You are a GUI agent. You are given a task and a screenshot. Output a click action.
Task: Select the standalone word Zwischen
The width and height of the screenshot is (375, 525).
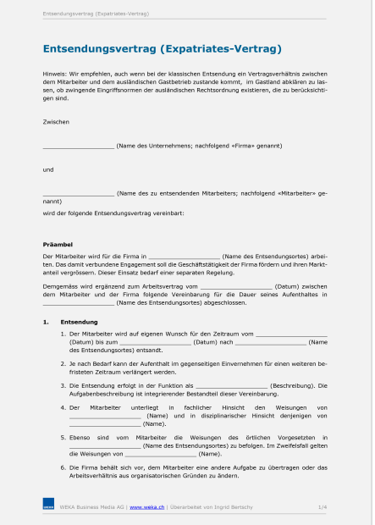(56, 122)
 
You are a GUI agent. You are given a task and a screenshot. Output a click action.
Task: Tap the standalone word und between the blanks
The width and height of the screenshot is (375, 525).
(48, 169)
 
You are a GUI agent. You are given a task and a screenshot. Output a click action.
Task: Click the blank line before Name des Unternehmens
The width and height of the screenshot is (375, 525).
(78, 146)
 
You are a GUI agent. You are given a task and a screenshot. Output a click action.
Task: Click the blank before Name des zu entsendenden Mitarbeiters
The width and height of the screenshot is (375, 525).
(78, 193)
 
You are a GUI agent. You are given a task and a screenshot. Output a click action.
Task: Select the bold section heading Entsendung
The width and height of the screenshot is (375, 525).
(79, 322)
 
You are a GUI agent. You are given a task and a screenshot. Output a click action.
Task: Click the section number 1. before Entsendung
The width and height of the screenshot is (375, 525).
(47, 322)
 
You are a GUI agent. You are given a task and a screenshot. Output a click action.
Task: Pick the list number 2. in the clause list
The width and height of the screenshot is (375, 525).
(63, 362)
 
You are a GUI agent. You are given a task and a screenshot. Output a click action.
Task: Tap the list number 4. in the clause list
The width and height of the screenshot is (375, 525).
(63, 407)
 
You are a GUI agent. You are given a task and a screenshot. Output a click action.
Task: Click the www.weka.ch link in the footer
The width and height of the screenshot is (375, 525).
(146, 506)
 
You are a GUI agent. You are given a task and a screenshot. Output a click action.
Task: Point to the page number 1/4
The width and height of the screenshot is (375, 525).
(322, 506)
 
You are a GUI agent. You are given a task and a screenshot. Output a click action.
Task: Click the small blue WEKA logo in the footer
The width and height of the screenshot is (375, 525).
(48, 506)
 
